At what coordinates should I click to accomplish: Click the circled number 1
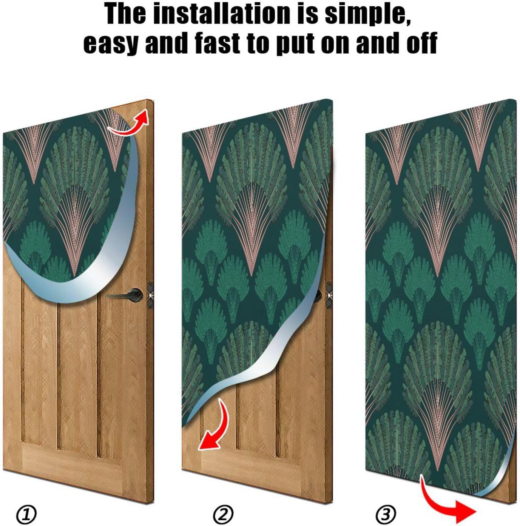(x=26, y=514)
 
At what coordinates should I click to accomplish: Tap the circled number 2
(x=223, y=514)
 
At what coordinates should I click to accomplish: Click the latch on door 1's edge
(x=150, y=295)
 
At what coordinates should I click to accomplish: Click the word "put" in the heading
(x=295, y=43)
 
